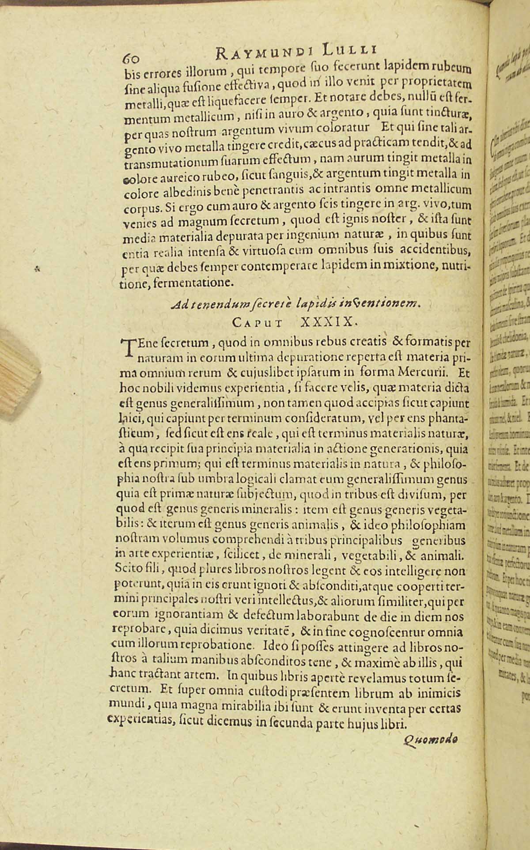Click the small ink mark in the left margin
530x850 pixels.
(x=38, y=267)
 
